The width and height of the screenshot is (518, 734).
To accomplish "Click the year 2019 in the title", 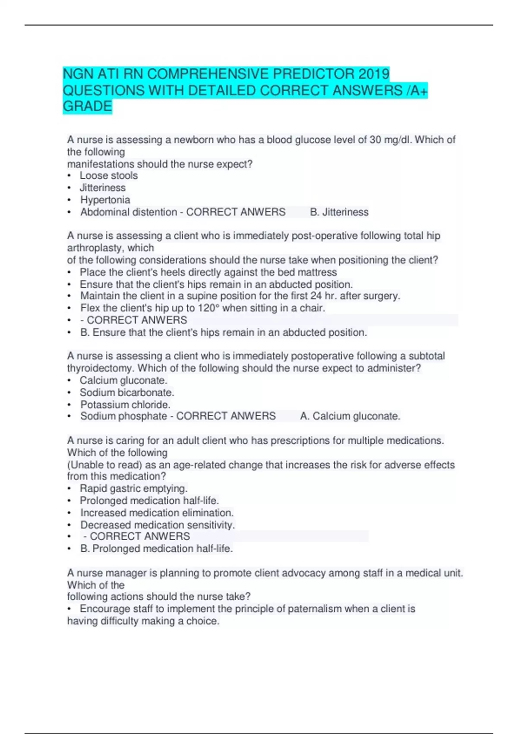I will point(374,74).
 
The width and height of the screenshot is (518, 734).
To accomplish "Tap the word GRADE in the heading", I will point(87,106).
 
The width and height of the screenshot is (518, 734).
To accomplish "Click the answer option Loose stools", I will point(108,176).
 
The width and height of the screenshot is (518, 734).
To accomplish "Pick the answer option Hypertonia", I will point(105,200).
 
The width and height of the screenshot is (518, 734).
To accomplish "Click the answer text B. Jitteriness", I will point(339,212).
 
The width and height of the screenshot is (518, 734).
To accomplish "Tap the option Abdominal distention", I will point(128,212).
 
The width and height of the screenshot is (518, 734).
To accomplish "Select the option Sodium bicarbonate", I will point(127,392).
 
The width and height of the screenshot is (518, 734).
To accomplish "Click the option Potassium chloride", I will point(125,405).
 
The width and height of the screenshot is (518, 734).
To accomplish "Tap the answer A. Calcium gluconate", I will point(350,416).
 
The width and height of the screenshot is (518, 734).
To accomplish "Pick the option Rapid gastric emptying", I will point(133,488).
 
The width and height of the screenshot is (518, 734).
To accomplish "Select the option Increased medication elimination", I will point(157,513).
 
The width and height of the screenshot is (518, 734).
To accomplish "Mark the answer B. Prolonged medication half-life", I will point(157,549).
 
